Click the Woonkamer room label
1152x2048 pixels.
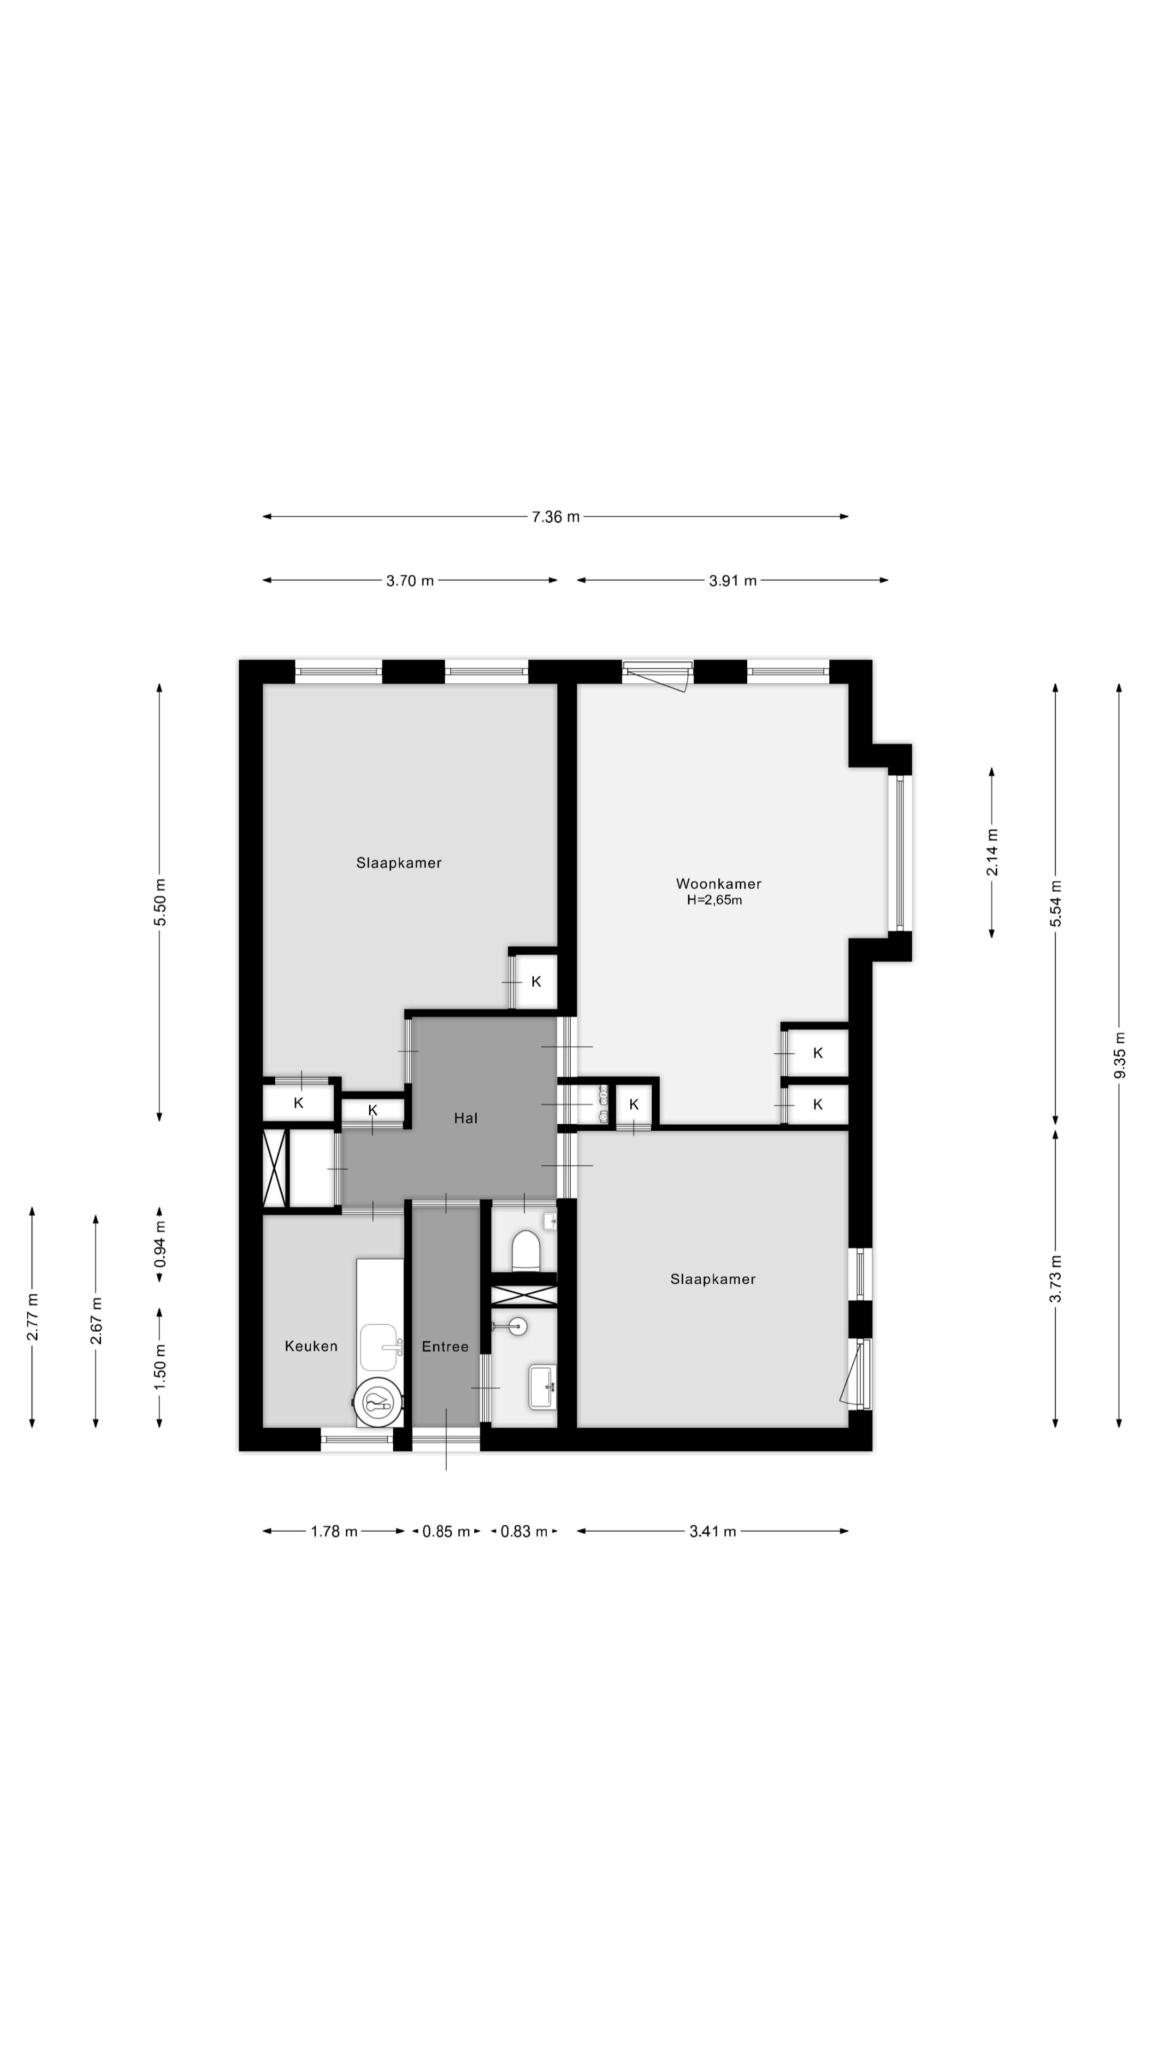(718, 883)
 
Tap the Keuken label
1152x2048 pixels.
(311, 1346)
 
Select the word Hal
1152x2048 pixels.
(466, 1118)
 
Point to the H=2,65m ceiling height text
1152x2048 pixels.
(714, 900)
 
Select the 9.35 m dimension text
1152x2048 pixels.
(1119, 1055)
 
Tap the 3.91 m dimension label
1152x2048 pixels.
(733, 580)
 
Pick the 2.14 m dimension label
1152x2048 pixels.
(992, 852)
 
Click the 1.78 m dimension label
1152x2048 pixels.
(334, 1531)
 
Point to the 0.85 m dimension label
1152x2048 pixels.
(446, 1531)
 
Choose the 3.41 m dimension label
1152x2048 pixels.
(713, 1531)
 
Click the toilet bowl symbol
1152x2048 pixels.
(525, 1251)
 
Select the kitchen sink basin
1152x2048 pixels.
(379, 1347)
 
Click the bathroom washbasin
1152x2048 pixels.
(543, 1387)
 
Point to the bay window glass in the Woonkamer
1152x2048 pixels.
(900, 853)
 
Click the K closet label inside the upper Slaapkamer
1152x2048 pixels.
(536, 982)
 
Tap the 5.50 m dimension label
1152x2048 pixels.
(160, 901)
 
